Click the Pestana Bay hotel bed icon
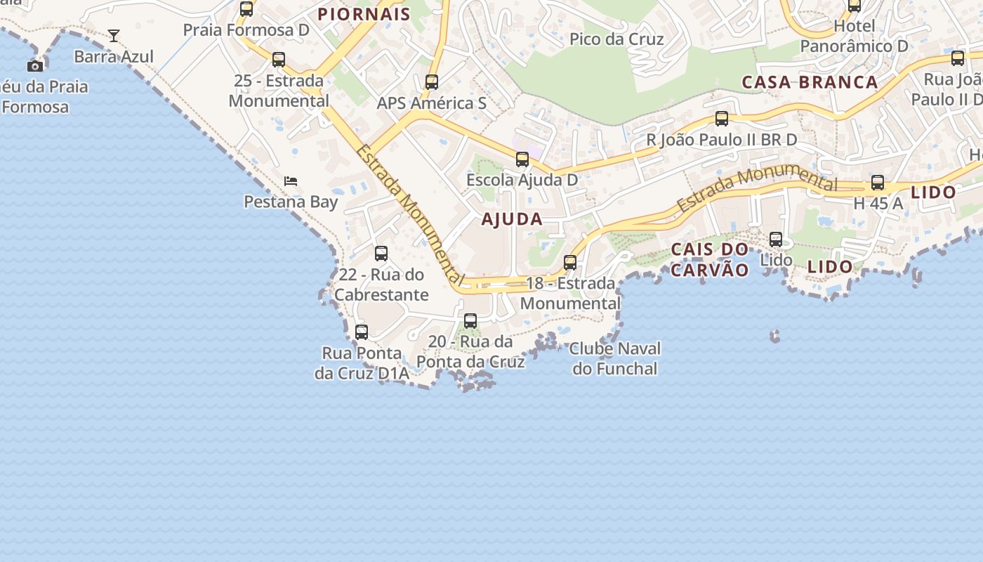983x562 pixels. tap(291, 181)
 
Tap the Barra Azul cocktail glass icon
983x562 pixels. tap(114, 35)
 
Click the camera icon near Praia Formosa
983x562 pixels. tap(35, 66)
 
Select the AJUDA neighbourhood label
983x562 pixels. tap(512, 219)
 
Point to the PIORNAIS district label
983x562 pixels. tap(364, 15)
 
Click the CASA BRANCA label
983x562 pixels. tap(810, 82)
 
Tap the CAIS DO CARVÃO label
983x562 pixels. tap(710, 260)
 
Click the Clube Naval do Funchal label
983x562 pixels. tap(615, 358)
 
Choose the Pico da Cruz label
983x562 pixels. tap(616, 39)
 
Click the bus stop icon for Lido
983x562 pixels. tap(776, 240)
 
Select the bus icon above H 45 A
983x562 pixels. tap(878, 183)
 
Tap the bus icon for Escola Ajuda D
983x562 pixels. tap(522, 159)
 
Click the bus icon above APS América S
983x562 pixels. tap(432, 82)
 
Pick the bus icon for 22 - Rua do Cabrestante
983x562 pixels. tap(381, 254)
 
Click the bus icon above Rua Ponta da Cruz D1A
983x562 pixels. tap(362, 332)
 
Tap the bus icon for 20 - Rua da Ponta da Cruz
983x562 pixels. tap(470, 321)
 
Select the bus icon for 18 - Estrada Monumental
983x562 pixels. tap(570, 263)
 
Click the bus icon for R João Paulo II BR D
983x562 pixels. tap(722, 119)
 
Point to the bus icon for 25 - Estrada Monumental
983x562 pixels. tap(279, 60)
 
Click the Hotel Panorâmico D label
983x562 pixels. tap(855, 37)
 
